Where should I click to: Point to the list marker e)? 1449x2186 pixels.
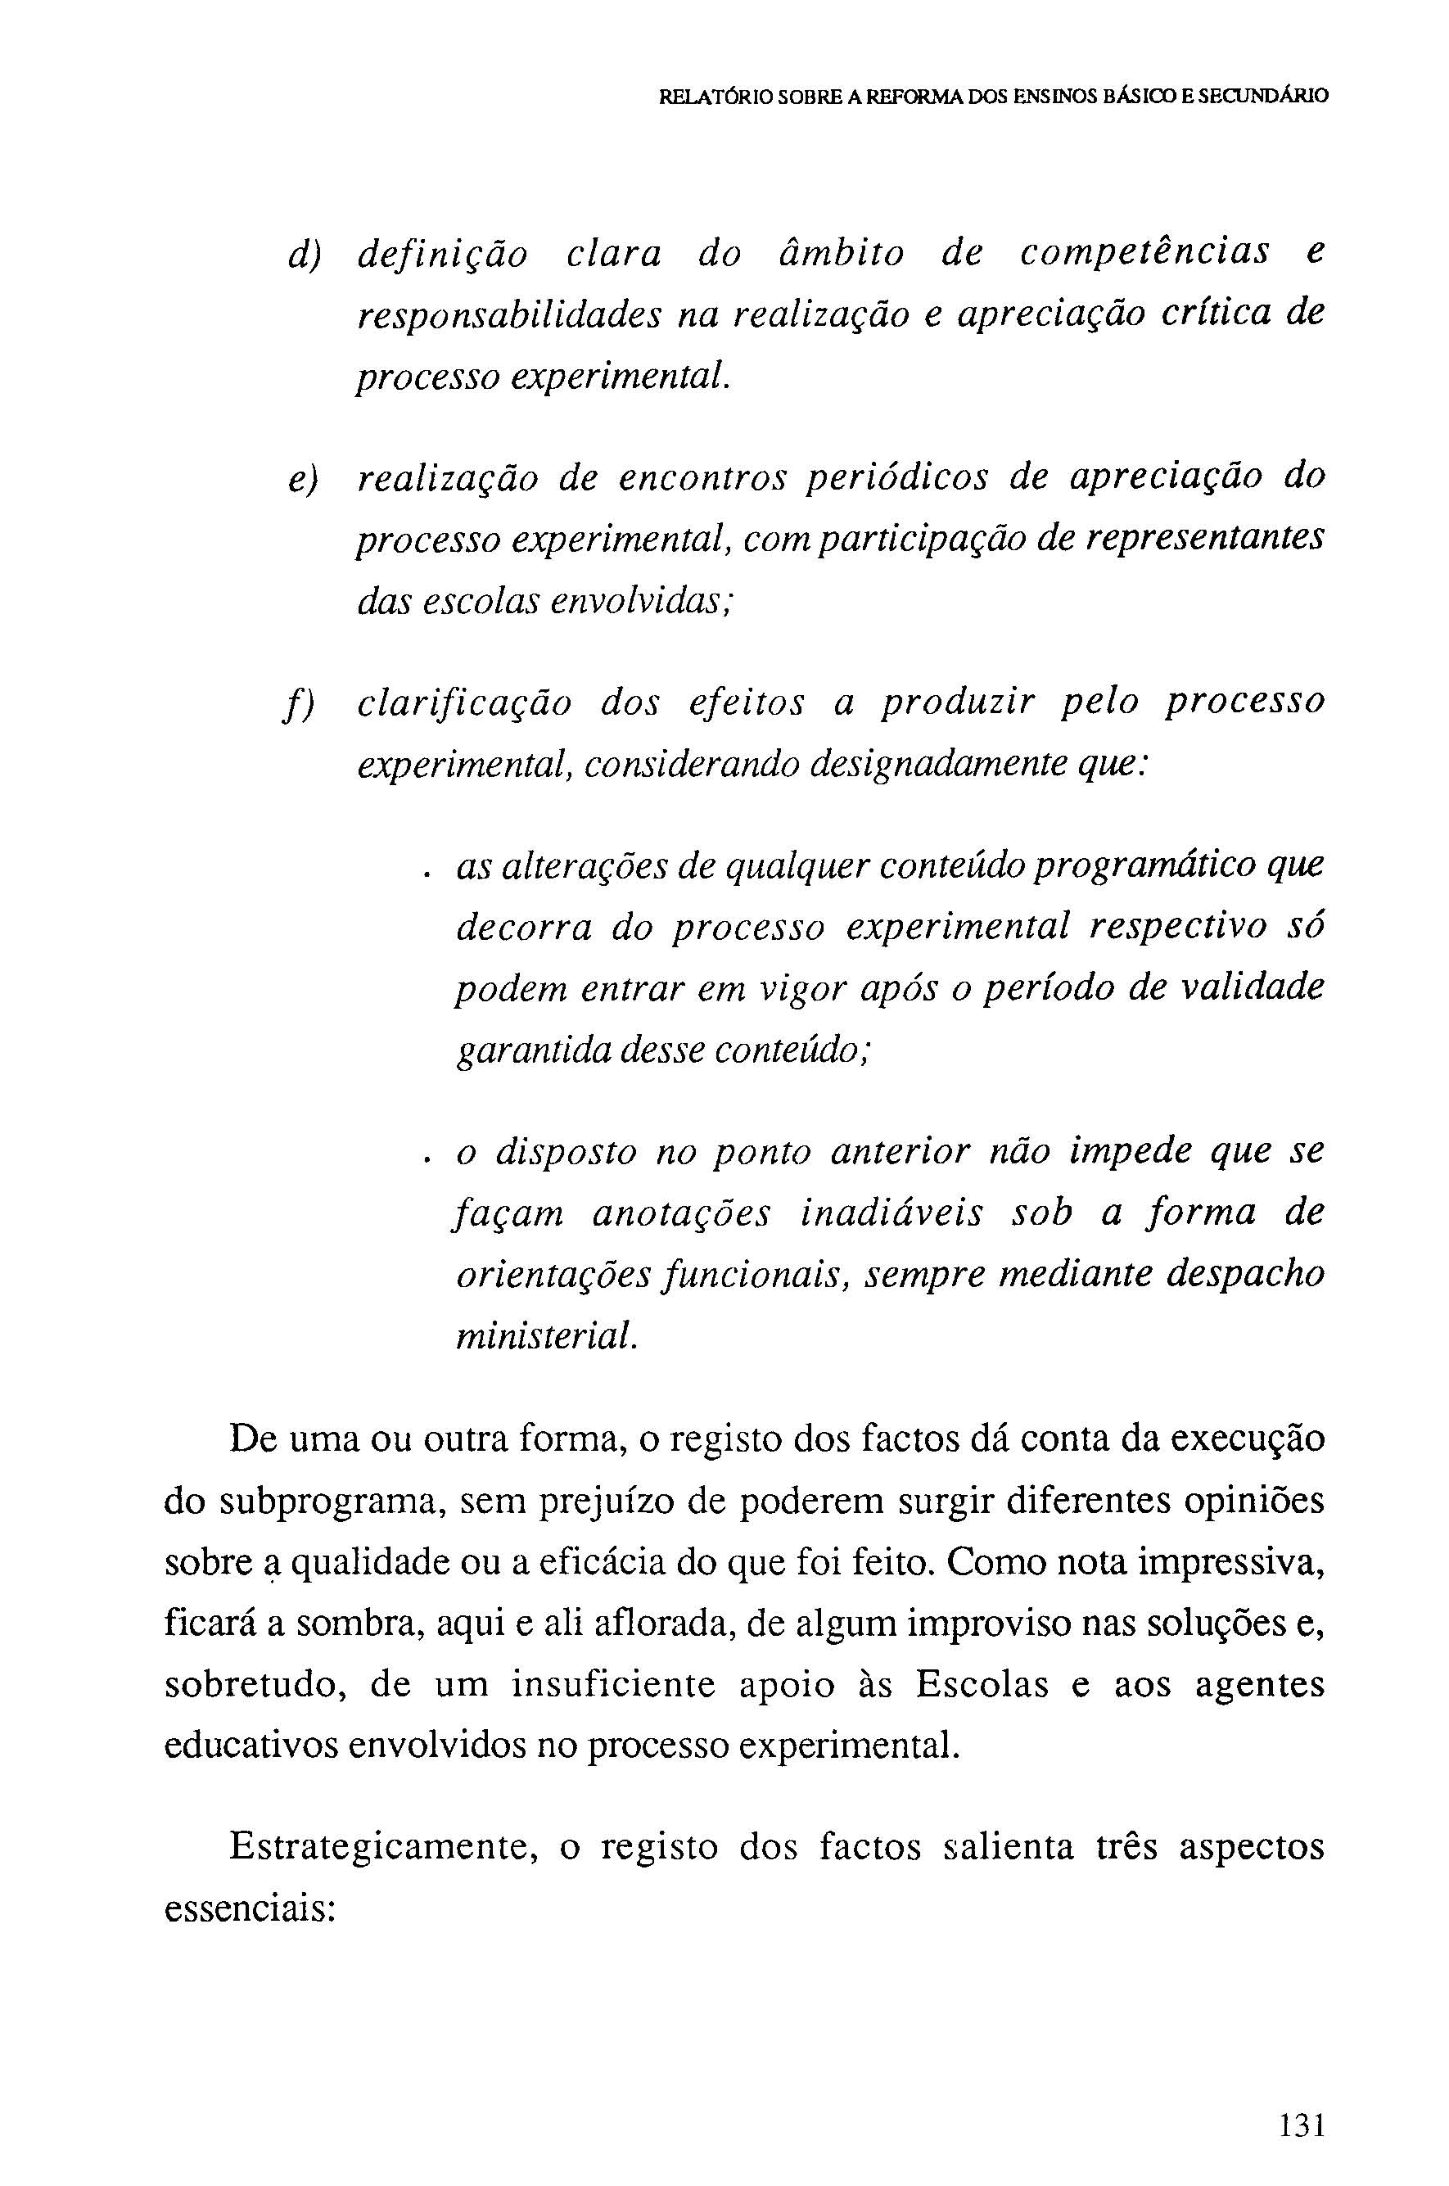coord(302,481)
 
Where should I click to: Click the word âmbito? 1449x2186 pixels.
coord(837,254)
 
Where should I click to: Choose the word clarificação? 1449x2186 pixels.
coord(465,705)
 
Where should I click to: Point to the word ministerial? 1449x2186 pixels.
coord(546,1337)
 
